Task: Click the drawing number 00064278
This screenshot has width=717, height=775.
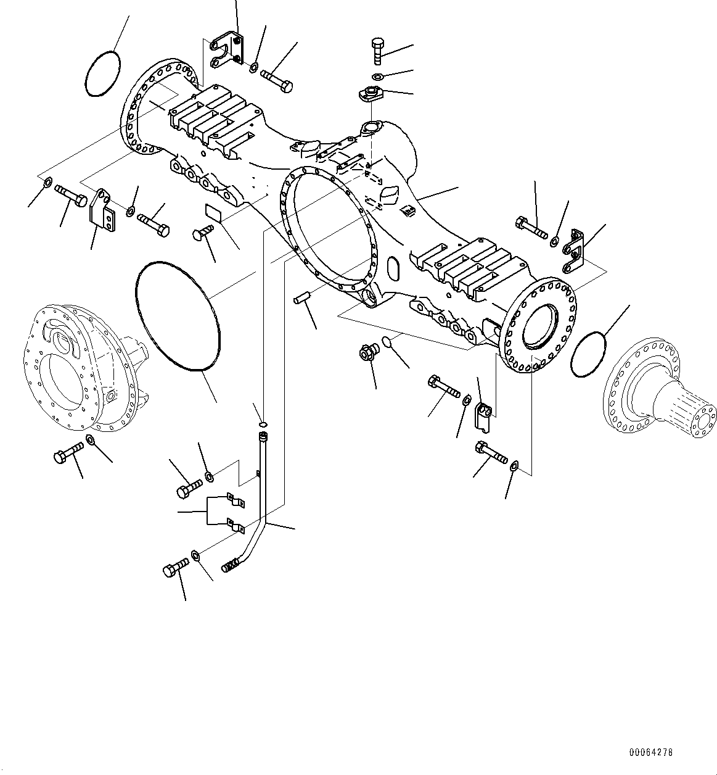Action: (x=650, y=753)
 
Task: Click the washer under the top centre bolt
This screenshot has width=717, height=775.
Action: (x=378, y=77)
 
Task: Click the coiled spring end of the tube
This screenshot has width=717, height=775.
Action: (x=230, y=564)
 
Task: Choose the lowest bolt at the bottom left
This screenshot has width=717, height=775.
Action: (x=177, y=567)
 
